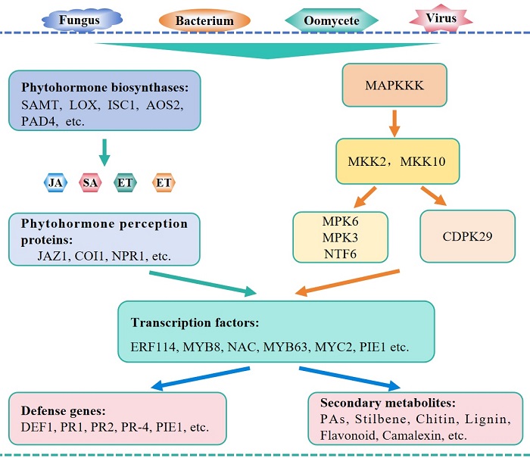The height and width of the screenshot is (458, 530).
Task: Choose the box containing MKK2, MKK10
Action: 398,161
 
